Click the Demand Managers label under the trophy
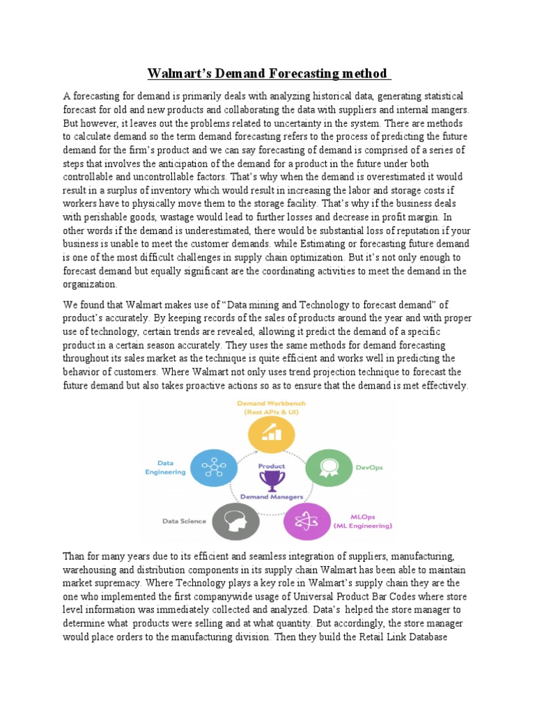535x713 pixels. pos(271,497)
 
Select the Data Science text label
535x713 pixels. pos(183,520)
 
